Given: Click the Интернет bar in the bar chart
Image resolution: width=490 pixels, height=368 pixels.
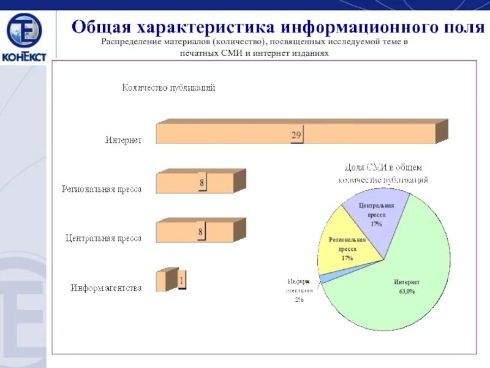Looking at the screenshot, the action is pyautogui.click(x=245, y=134).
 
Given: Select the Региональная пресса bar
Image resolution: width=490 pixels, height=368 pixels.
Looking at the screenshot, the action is pyautogui.click(x=184, y=183).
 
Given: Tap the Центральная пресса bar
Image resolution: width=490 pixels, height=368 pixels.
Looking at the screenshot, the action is pyautogui.click(x=184, y=232).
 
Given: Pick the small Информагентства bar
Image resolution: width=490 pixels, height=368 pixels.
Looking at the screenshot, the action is pyautogui.click(x=161, y=281).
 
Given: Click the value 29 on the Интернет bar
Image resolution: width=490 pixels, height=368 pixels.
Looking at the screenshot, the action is pyautogui.click(x=296, y=134).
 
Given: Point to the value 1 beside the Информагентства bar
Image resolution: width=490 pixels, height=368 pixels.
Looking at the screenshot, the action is pyautogui.click(x=181, y=281).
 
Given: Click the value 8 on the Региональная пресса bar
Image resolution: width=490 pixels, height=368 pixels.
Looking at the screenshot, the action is pyautogui.click(x=202, y=182).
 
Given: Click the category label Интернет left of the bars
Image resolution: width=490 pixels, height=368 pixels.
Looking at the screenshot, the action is pyautogui.click(x=123, y=140).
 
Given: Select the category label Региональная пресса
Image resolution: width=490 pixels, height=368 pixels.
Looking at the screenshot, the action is pyautogui.click(x=102, y=189).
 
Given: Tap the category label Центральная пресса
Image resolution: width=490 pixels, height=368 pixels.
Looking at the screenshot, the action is pyautogui.click(x=104, y=238).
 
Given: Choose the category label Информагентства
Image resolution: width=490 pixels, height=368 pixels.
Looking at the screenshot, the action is pyautogui.click(x=106, y=287).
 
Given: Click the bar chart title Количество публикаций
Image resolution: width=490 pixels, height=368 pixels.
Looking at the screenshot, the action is pyautogui.click(x=168, y=88).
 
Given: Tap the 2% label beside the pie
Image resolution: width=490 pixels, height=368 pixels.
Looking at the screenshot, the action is pyautogui.click(x=299, y=299).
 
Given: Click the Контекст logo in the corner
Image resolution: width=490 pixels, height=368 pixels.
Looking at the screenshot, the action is pyautogui.click(x=24, y=37).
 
